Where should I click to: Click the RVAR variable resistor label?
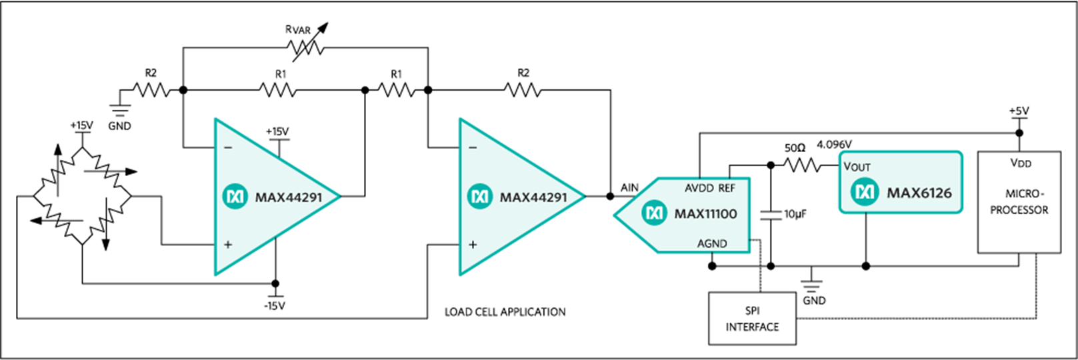(298, 29)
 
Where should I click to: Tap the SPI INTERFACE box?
(752, 318)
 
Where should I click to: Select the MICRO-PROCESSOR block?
(1019, 202)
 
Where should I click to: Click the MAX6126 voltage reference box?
(901, 183)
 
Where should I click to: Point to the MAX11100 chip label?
(705, 214)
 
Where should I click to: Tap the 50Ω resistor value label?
(795, 147)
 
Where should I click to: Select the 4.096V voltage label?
(835, 144)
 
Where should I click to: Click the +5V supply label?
(1019, 111)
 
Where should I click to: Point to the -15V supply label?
(274, 305)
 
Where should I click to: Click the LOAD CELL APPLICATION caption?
(505, 312)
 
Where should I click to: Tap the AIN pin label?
(629, 188)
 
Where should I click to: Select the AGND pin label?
(712, 243)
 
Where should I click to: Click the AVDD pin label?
(699, 188)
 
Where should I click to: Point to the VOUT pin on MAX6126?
(857, 167)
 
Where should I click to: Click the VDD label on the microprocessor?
(1021, 163)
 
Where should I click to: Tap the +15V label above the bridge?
(81, 125)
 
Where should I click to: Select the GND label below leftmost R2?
(119, 126)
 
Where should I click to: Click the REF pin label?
(727, 188)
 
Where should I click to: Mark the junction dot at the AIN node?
(610, 197)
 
